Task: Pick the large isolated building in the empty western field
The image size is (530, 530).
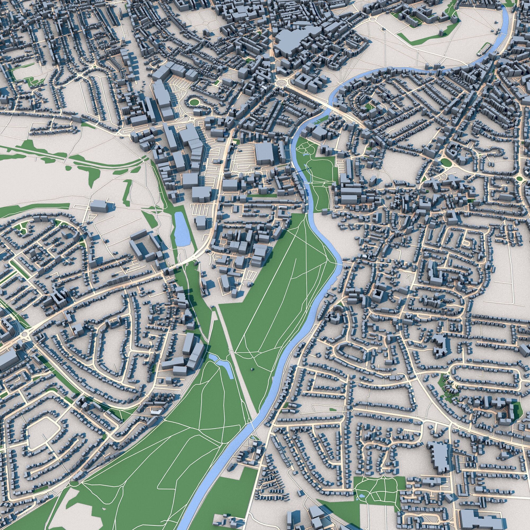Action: pyautogui.click(x=99, y=206)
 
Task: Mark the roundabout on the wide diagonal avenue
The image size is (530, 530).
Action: pyautogui.click(x=26, y=335)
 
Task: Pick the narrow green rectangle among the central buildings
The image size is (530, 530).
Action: pyautogui.click(x=262, y=196)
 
